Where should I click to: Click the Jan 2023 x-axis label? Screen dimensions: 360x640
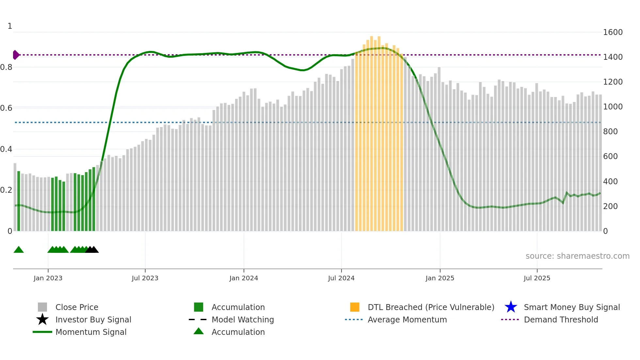(48, 278)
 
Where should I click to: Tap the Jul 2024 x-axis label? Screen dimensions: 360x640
(341, 278)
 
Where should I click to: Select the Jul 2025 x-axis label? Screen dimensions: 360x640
(537, 278)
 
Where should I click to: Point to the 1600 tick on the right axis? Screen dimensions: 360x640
(613, 32)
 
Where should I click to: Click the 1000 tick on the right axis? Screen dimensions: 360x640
(613, 107)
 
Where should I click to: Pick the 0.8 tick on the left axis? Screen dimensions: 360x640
(7, 67)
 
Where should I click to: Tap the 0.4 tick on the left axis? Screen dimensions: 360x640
(7, 149)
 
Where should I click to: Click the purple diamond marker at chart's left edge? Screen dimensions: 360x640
(16, 55)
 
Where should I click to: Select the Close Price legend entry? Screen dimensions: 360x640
(77, 307)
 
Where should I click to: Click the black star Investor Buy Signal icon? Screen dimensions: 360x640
(42, 319)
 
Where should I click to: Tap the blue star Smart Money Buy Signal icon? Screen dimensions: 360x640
(511, 307)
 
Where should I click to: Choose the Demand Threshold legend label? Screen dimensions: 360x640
(561, 319)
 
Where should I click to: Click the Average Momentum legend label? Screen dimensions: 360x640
(407, 319)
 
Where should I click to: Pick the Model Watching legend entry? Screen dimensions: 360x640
(243, 319)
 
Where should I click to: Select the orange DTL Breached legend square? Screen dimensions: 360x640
(355, 307)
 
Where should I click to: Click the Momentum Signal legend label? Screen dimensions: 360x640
(91, 332)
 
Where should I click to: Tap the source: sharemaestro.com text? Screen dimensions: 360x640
(577, 256)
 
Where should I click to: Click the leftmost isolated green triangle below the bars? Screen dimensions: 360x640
(19, 250)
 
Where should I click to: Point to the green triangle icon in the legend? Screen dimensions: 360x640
(199, 331)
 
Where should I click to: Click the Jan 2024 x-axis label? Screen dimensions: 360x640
(244, 278)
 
